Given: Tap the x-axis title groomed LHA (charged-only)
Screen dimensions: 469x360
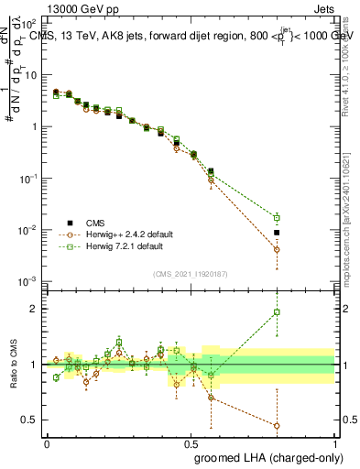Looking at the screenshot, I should coord(268,456).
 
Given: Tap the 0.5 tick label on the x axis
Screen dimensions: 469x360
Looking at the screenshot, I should coord(191,442).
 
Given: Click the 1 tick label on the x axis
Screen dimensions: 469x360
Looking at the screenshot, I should coord(333,442).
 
